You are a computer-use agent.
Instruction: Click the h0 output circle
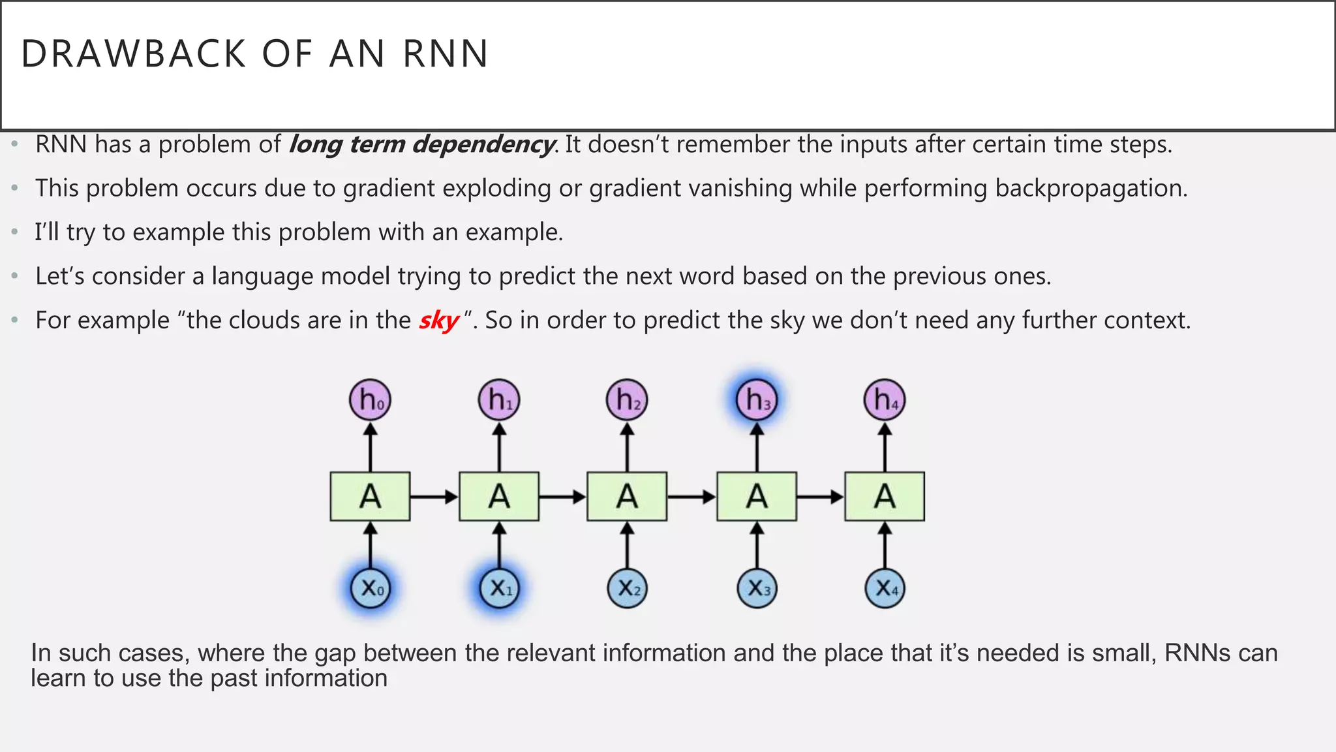(370, 399)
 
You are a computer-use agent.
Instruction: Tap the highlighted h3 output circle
(757, 399)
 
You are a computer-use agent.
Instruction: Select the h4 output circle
(885, 399)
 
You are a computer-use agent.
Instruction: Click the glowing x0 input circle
(370, 588)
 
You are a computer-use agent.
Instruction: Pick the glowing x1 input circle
(499, 588)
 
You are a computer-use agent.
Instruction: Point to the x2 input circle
(628, 588)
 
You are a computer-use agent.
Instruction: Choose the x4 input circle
(885, 588)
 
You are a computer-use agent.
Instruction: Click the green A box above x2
(627, 497)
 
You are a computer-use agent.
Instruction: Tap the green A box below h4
(885, 497)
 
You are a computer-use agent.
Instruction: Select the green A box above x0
(370, 497)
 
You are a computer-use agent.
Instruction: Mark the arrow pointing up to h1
(499, 447)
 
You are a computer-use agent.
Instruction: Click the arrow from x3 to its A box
(757, 545)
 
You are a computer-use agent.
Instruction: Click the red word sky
(439, 321)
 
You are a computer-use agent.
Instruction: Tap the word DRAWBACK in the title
(134, 54)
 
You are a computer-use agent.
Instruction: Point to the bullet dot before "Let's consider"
(14, 277)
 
